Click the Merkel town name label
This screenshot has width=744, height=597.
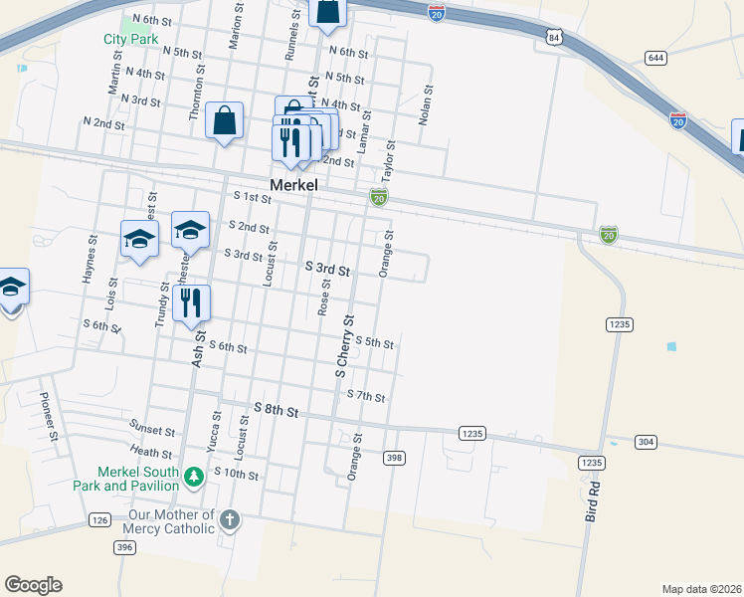click(293, 185)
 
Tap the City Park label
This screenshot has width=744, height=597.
click(130, 40)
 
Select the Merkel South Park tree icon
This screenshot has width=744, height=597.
click(194, 479)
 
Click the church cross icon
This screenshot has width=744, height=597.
click(229, 519)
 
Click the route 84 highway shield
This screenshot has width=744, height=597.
click(554, 37)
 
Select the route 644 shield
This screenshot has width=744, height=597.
click(654, 58)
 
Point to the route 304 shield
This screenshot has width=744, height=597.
click(646, 441)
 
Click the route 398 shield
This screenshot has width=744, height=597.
click(394, 457)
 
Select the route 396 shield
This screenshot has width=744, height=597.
click(123, 547)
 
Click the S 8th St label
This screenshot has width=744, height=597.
click(276, 409)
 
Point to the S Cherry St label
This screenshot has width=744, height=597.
click(344, 346)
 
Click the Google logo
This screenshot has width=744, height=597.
click(33, 585)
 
